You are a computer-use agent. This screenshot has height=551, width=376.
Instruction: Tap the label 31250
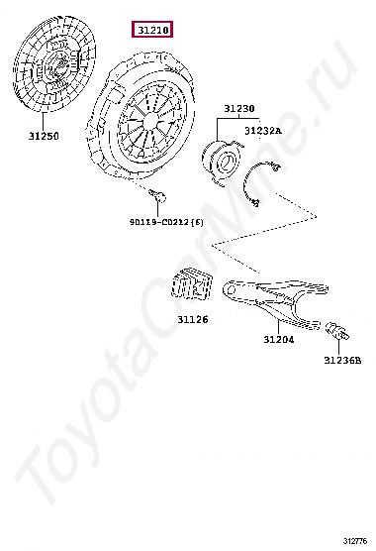coord(45,136)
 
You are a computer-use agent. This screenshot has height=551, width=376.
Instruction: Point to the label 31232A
coord(262,130)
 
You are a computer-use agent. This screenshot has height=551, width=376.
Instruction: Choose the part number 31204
coord(278,339)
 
